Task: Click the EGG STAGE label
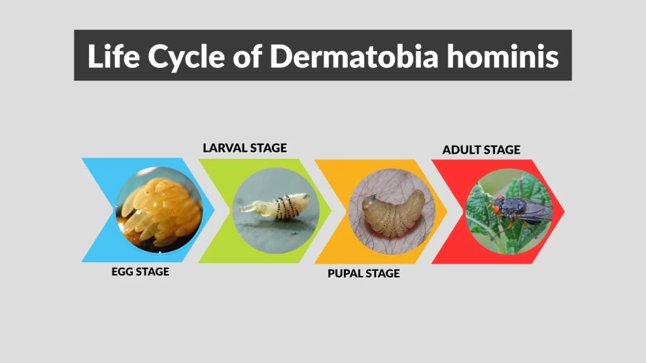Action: [x=141, y=272]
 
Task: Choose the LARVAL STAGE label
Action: [x=245, y=148]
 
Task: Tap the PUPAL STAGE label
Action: [x=363, y=274]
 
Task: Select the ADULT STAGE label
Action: [x=481, y=150]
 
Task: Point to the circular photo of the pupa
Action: [x=392, y=211]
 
